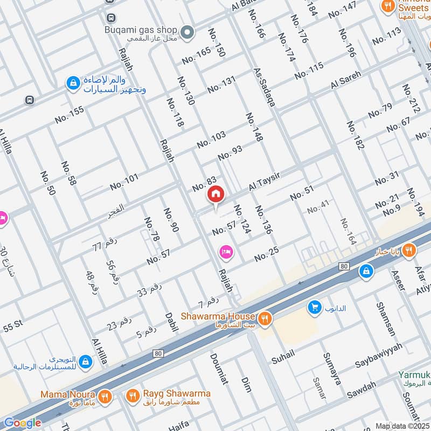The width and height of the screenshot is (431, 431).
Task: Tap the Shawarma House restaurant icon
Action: (264, 318)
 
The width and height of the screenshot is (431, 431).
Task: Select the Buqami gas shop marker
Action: (187, 33)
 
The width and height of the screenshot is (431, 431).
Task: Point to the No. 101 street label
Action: (124, 182)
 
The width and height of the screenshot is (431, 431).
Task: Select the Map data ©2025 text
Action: (402, 426)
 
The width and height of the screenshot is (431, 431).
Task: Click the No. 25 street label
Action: (267, 255)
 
